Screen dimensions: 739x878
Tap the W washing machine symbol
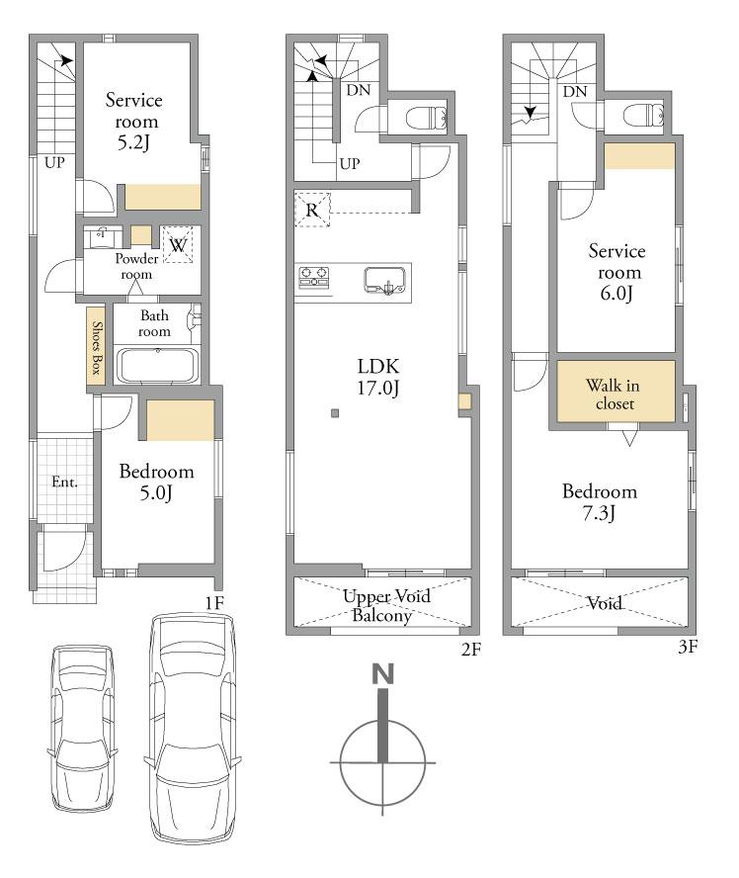[x=177, y=244]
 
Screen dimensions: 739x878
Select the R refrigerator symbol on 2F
[x=312, y=210]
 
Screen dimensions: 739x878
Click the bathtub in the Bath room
[x=157, y=366]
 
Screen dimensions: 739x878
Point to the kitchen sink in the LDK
[x=385, y=280]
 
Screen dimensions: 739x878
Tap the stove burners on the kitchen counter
[x=314, y=277]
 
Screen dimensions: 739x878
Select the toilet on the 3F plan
[x=643, y=117]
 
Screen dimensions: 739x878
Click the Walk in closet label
[x=614, y=395]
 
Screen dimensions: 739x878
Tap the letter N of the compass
[x=383, y=673]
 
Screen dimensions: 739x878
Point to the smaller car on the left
[x=84, y=728]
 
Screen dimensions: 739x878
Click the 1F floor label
[x=214, y=603]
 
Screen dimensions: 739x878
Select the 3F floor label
[x=688, y=647]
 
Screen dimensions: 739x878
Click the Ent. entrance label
[x=64, y=482]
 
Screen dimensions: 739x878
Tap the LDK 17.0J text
[x=378, y=377]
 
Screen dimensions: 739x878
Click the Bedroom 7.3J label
[x=600, y=501]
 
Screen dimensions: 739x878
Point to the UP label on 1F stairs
[x=54, y=163]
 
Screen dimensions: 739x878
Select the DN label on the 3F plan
[x=575, y=91]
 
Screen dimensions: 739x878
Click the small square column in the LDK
[x=335, y=413]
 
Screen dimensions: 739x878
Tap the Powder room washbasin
[x=103, y=237]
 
